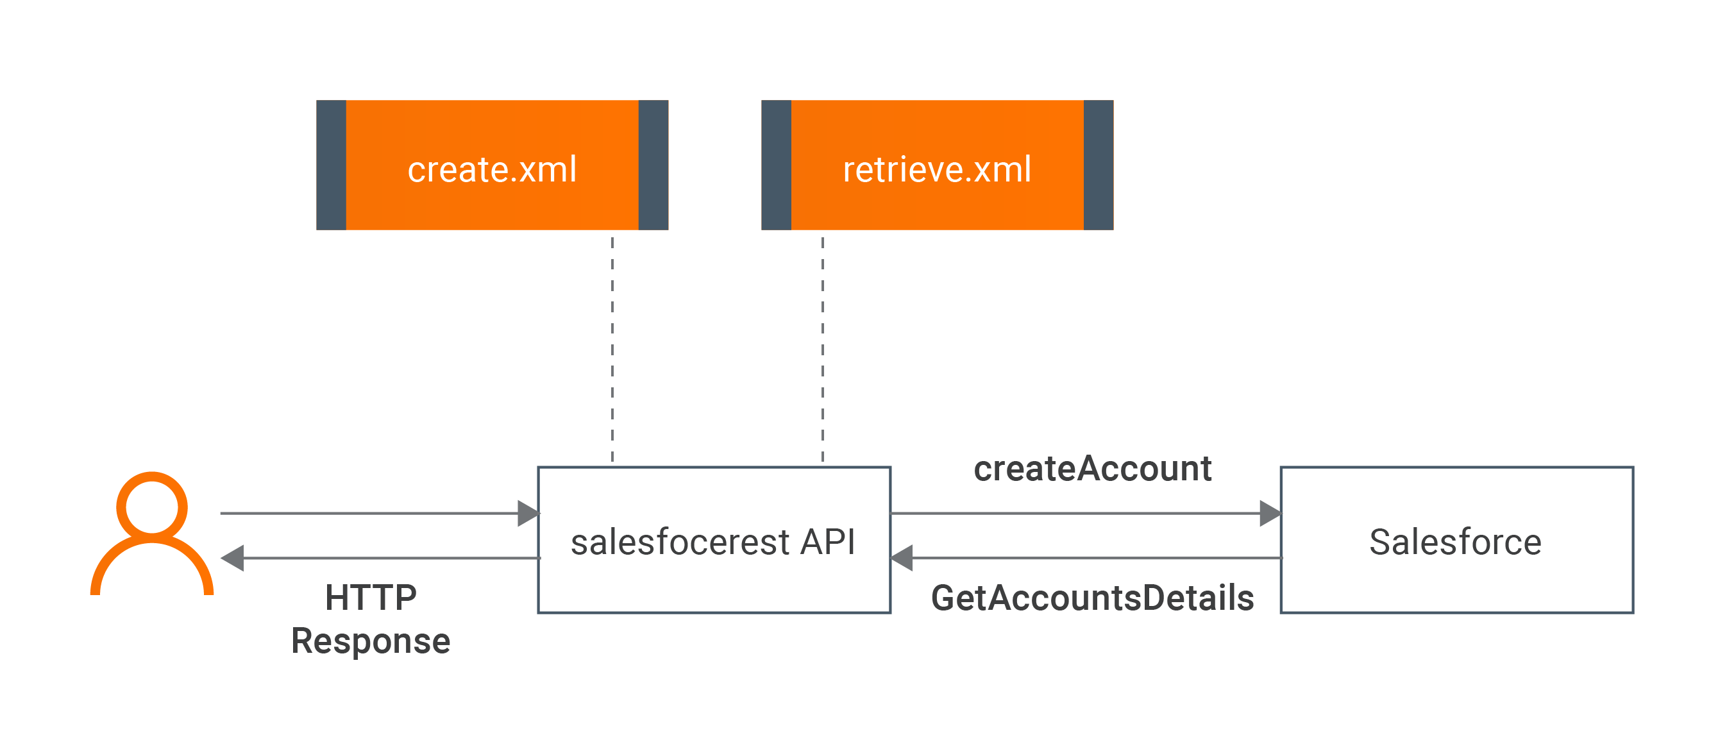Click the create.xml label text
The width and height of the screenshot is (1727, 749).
[x=491, y=169]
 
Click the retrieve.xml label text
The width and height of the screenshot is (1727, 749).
[x=936, y=169]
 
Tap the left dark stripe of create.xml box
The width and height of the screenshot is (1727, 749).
[x=331, y=165]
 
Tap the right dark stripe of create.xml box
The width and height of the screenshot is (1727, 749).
[x=653, y=165]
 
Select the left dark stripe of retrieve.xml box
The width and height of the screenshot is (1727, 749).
[x=777, y=165]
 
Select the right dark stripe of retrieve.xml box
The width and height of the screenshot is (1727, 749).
[x=1098, y=165]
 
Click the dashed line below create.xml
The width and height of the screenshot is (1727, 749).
[x=612, y=349]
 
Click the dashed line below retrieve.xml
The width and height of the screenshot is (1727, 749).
[x=823, y=349]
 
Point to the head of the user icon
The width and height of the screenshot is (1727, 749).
[x=151, y=506]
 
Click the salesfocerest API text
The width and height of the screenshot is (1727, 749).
[x=712, y=542]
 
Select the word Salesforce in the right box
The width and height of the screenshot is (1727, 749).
[x=1455, y=542]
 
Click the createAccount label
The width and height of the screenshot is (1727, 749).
[x=1092, y=468]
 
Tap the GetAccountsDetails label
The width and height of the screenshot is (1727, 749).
[x=1092, y=598]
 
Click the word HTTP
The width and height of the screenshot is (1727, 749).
[x=371, y=598]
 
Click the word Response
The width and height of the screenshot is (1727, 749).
[x=371, y=641]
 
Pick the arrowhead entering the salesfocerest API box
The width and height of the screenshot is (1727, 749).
[x=528, y=514]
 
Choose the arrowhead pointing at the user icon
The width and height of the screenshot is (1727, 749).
[x=233, y=558]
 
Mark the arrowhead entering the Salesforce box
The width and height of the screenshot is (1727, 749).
[x=1270, y=514]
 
